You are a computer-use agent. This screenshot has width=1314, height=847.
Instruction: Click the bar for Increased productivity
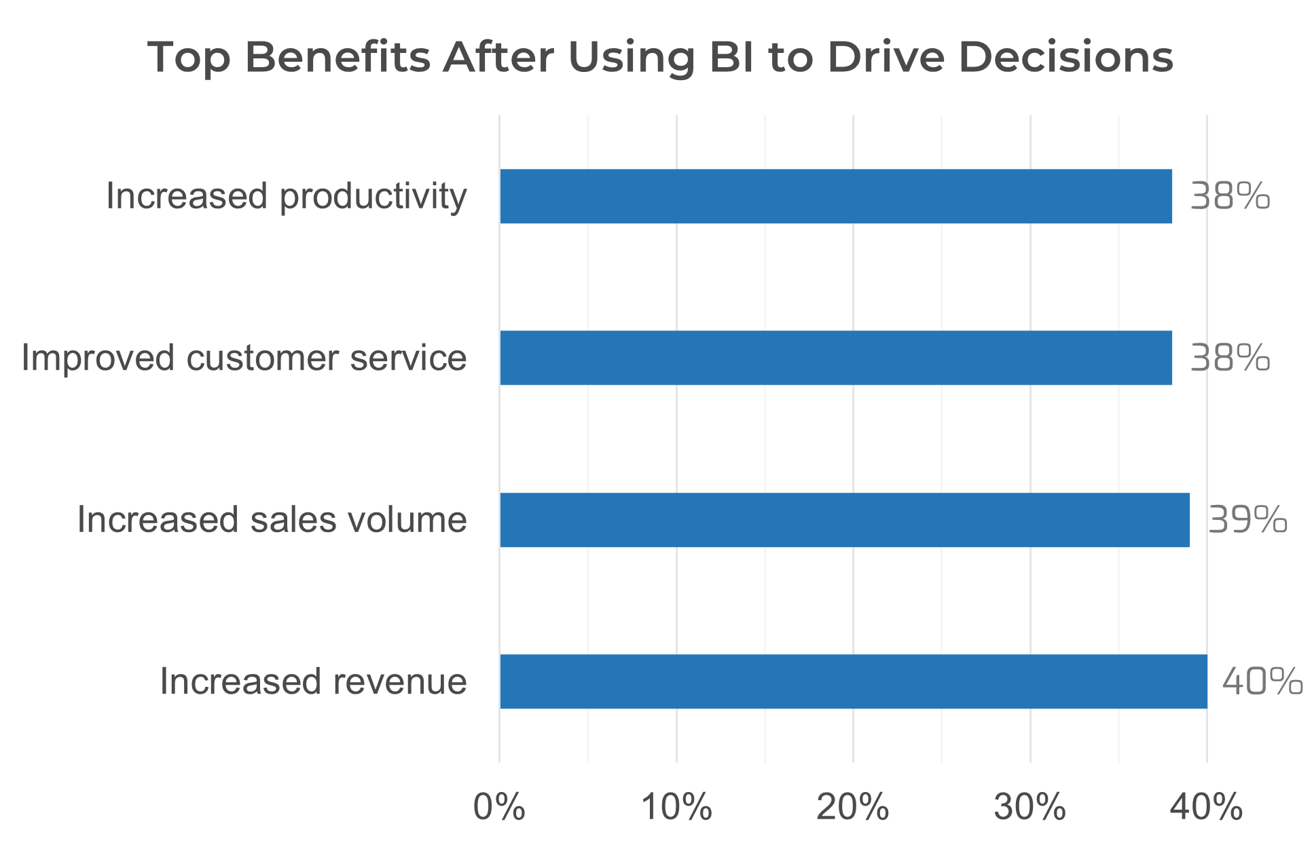click(836, 197)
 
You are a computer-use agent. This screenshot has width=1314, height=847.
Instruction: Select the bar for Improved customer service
click(836, 358)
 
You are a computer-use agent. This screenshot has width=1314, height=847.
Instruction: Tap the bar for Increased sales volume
click(845, 520)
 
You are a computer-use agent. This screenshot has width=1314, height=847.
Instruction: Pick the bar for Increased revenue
click(854, 681)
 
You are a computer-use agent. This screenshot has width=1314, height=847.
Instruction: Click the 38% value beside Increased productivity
click(1230, 197)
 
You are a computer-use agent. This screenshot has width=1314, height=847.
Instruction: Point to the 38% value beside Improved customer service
click(1230, 358)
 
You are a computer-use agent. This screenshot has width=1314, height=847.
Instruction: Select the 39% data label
click(1247, 520)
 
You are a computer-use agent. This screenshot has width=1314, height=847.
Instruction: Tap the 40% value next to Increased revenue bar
click(1262, 681)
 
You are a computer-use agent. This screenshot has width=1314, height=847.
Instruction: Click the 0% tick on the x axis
click(499, 808)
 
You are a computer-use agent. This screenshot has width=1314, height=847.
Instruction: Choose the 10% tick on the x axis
click(676, 808)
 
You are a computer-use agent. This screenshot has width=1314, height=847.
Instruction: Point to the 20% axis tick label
click(853, 808)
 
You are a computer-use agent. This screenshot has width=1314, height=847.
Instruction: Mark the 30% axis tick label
click(1030, 808)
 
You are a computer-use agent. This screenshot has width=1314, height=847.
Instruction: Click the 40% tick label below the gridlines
click(1207, 808)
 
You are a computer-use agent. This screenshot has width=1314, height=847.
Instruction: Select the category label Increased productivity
click(287, 197)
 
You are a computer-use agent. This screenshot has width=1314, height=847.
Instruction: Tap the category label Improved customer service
click(244, 358)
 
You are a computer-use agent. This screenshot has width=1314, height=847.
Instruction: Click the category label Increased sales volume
click(272, 520)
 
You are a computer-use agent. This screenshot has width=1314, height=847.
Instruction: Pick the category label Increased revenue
click(314, 681)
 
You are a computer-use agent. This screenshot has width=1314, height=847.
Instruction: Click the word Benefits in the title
click(337, 57)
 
